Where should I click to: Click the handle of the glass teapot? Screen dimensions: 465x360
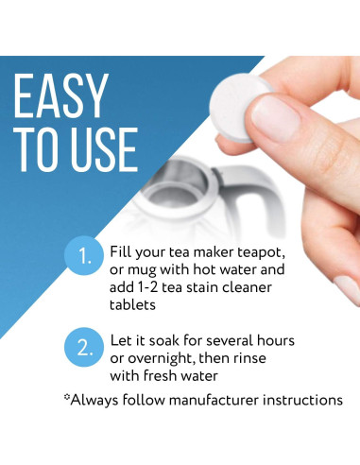click(x=249, y=203)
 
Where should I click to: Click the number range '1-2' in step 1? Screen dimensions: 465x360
click(x=180, y=286)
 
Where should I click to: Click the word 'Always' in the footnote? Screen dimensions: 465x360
click(x=99, y=400)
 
